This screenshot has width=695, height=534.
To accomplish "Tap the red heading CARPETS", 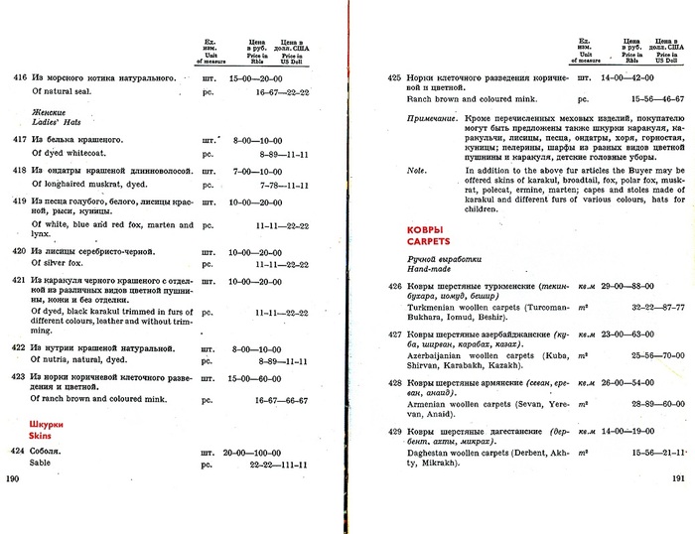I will tap(427, 240).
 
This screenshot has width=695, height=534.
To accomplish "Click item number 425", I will tap(394, 77).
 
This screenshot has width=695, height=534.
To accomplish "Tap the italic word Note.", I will tap(417, 170).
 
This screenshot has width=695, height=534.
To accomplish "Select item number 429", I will tap(394, 432).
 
